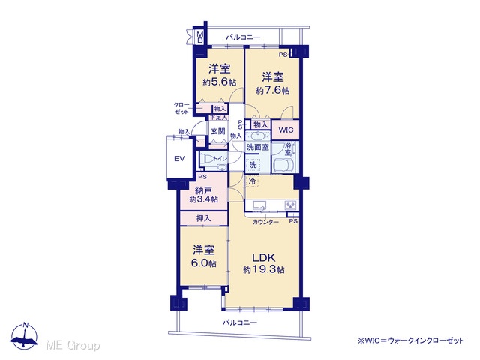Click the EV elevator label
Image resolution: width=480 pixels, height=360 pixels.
click(179, 159)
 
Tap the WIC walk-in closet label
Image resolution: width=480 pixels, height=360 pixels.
click(286, 130)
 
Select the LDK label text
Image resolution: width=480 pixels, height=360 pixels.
click(264, 258)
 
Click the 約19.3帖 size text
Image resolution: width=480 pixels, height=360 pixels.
click(264, 270)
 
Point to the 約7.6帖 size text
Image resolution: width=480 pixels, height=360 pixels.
click(273, 91)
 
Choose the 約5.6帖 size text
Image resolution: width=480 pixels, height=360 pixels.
click(220, 82)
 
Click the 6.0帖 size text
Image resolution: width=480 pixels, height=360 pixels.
click(203, 263)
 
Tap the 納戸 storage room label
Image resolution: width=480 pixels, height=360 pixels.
click(203, 191)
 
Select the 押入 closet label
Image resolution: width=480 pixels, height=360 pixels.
click(203, 218)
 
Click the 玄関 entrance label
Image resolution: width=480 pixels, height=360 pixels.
click(218, 131)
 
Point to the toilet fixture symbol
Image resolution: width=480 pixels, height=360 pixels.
click(206, 159)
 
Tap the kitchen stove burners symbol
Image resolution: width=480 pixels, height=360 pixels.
click(291, 205)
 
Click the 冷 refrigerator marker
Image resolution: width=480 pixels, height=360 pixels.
click(252, 181)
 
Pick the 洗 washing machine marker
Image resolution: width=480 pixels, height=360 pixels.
click(253, 165)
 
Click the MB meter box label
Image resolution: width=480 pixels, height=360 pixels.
click(200, 37)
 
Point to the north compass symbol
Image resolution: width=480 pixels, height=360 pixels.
click(24, 335)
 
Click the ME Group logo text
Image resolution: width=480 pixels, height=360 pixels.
click(73, 346)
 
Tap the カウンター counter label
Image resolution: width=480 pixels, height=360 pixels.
click(265, 222)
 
